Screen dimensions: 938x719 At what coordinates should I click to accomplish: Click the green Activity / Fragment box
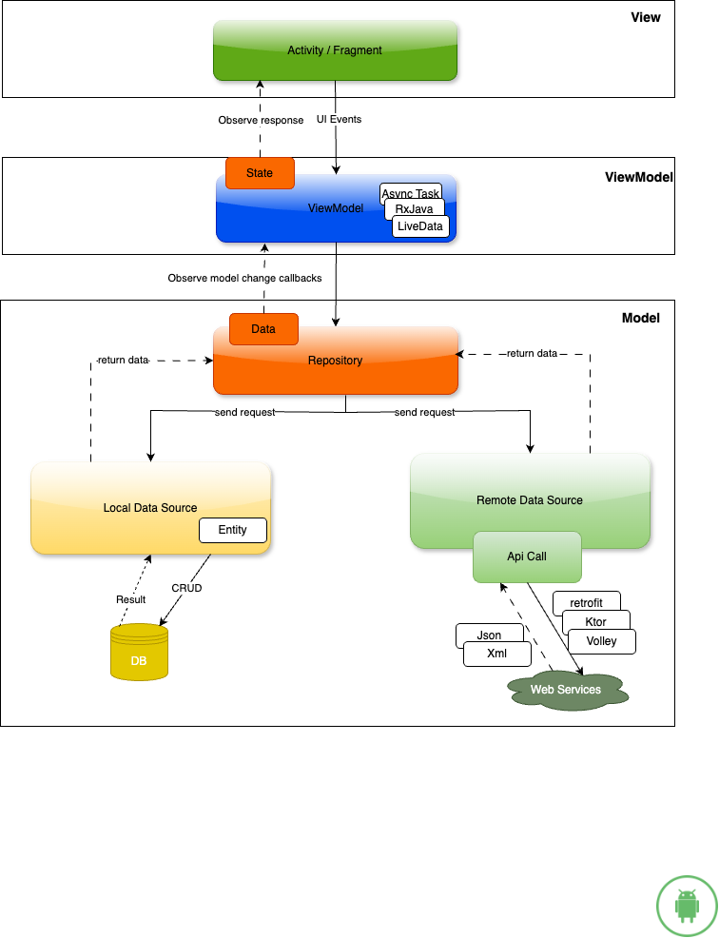(x=335, y=50)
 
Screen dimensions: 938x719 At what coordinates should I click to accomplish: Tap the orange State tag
(x=260, y=173)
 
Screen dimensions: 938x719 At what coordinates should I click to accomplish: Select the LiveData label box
(x=420, y=227)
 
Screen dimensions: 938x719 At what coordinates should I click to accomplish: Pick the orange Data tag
(x=263, y=329)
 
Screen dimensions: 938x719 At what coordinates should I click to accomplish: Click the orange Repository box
(x=335, y=362)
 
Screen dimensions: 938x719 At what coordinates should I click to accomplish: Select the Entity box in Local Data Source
(x=233, y=530)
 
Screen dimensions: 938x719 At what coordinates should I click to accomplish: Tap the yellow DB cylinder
(x=139, y=653)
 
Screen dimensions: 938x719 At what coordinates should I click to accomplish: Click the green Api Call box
(x=527, y=557)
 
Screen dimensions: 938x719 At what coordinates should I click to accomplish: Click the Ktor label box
(x=596, y=622)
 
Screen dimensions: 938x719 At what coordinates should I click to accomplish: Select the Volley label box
(x=602, y=641)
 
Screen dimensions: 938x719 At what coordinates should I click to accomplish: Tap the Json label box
(x=489, y=635)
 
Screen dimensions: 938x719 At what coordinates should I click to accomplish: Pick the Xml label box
(x=496, y=655)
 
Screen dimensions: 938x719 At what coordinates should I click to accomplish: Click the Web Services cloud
(x=566, y=690)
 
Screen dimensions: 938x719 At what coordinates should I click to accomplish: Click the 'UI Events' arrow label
(x=339, y=120)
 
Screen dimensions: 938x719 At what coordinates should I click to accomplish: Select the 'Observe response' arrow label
(x=261, y=120)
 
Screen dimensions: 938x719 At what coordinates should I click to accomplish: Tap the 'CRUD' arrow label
(x=186, y=588)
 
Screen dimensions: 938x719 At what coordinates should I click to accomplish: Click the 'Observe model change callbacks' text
(x=244, y=278)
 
